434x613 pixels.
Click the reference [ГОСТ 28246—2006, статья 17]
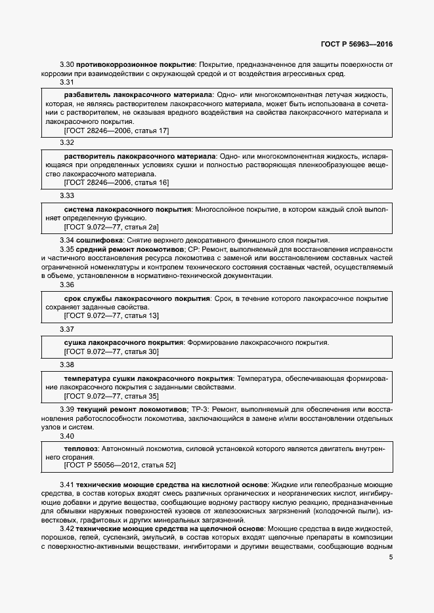tap(116, 131)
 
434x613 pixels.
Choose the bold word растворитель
tap(89, 157)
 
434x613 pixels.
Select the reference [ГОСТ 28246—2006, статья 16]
tap(116, 184)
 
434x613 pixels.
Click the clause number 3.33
tap(67, 195)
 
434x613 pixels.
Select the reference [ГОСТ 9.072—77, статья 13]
tap(111, 316)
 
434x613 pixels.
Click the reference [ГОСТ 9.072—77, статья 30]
tap(111, 352)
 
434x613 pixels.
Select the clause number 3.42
tap(67, 528)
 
